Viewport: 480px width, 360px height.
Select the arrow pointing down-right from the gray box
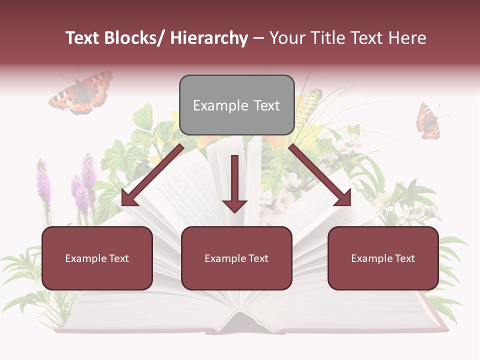pos(320,175)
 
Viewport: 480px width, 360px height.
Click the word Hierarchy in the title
pos(209,38)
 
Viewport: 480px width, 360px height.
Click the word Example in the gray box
pos(214,105)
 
